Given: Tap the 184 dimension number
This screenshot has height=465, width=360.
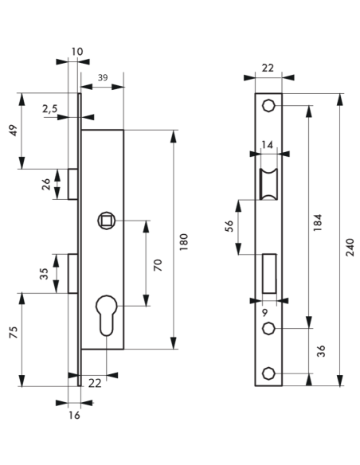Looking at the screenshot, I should click(318, 222).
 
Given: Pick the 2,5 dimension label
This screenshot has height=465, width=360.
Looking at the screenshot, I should click(49, 109).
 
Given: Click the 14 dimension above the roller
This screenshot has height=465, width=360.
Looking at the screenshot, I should click(268, 146).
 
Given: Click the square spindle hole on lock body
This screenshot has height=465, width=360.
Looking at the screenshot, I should click(105, 220).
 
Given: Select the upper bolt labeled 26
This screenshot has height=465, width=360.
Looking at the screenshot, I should click(72, 184).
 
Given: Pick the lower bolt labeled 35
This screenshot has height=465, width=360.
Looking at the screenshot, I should click(72, 273).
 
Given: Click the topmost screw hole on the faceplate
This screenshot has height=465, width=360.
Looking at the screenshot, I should click(269, 106).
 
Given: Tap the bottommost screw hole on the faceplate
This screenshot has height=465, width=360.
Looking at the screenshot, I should click(269, 373).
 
